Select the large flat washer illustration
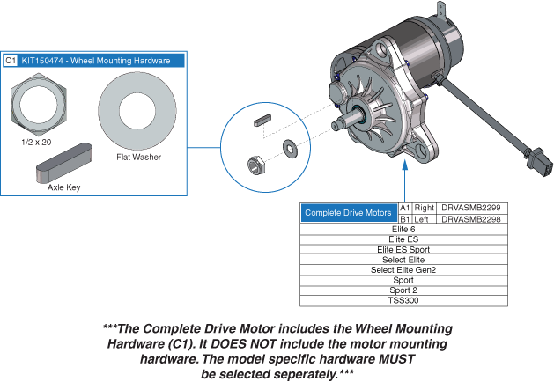(136, 109)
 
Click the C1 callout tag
(11, 61)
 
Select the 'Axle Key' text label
(63, 187)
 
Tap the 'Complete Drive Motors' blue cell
(349, 213)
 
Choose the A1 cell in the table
(405, 207)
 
